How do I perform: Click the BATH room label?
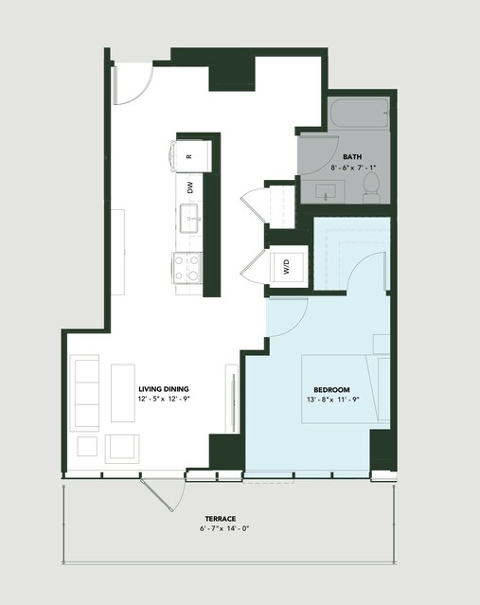352,157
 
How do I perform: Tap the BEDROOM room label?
331,390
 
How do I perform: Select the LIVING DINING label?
164,389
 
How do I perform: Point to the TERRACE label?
221,519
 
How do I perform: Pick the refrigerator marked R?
192,156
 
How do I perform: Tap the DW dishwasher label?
190,187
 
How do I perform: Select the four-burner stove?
187,267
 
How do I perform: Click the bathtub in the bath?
359,113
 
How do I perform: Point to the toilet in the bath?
371,187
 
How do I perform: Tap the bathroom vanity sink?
325,192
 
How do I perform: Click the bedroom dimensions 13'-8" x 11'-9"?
333,400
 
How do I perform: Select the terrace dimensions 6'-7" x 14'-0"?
224,528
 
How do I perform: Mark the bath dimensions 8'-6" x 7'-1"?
353,168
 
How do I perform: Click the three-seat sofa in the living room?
84,393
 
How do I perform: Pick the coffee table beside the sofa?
123,393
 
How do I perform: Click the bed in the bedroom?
346,389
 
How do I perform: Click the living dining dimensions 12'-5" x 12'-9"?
165,400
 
